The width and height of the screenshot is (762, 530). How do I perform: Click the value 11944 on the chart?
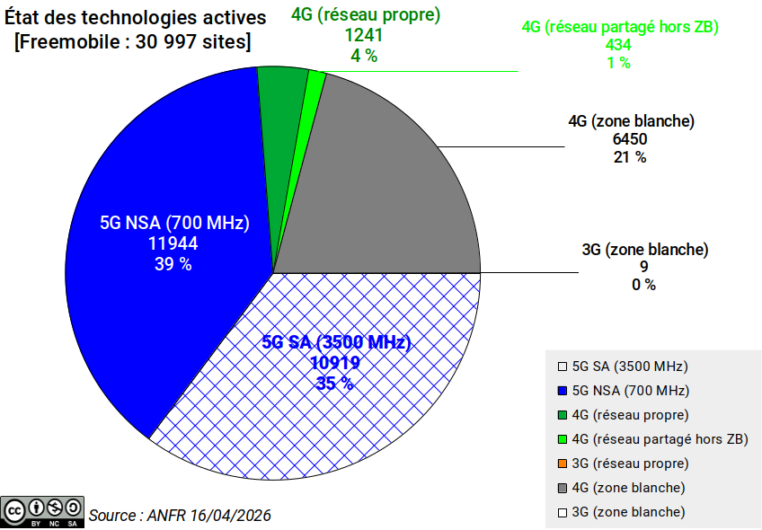[173, 243]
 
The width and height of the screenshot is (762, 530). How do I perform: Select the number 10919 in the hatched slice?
[335, 363]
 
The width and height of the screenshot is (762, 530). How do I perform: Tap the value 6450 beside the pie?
[629, 139]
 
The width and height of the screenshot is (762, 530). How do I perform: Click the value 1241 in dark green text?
[364, 35]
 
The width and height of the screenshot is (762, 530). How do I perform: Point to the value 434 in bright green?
[618, 45]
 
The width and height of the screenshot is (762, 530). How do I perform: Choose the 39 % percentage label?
[173, 264]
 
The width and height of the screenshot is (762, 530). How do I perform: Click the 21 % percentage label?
[629, 157]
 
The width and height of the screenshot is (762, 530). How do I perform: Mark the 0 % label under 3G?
[643, 285]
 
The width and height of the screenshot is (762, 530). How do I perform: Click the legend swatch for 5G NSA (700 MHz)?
[562, 391]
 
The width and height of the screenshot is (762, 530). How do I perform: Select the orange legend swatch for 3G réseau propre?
[562, 464]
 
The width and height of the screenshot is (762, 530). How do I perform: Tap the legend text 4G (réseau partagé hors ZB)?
[660, 439]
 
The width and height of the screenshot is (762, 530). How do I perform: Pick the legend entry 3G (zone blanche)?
[628, 512]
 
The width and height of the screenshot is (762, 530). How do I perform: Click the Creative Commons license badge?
[42, 510]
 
